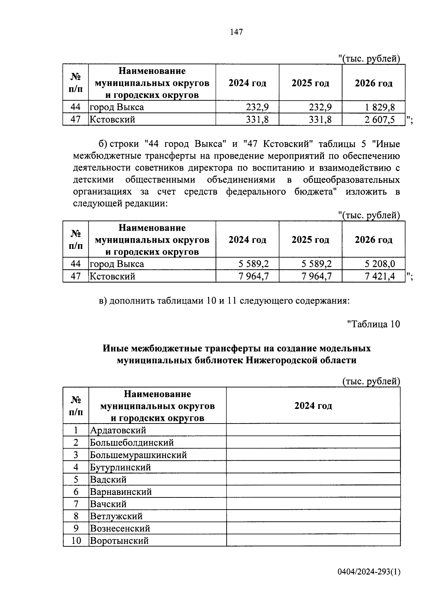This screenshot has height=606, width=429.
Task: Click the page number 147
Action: tap(236, 32)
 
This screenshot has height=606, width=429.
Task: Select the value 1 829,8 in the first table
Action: tap(380, 107)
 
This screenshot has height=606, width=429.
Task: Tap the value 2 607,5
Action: tap(380, 120)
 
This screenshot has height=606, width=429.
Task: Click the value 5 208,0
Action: tap(380, 264)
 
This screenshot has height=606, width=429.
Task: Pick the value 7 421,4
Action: tap(380, 276)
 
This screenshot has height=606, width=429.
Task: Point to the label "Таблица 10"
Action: tap(373, 324)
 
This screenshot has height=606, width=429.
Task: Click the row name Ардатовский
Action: tap(118, 430)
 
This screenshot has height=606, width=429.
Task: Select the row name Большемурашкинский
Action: tap(138, 455)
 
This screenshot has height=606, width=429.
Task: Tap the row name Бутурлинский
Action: tap(120, 467)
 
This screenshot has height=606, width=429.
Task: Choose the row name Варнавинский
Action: tap(121, 492)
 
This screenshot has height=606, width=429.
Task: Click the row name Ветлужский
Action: tap(116, 516)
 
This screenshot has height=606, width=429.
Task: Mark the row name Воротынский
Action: tap(119, 541)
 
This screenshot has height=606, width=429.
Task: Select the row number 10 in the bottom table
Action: tap(76, 541)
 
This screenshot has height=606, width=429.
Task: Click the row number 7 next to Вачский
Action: tap(76, 504)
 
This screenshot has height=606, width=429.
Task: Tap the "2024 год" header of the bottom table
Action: tap(313, 406)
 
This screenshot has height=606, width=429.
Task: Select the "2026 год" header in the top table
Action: tap(373, 83)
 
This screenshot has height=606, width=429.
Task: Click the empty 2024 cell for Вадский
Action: tap(313, 480)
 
